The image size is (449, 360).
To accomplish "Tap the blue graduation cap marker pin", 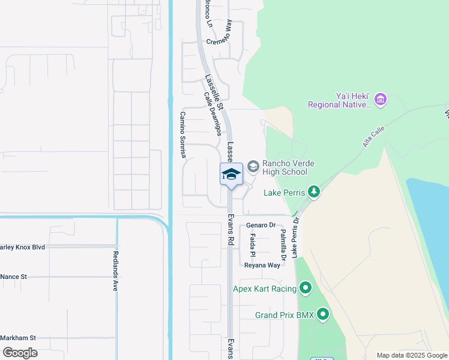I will (x=231, y=175).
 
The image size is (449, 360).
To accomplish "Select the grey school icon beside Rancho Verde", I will (x=253, y=166).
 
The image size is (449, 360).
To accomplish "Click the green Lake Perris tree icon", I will (x=313, y=192).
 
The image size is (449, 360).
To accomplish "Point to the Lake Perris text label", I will (x=285, y=193).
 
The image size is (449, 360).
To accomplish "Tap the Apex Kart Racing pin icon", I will (x=306, y=289).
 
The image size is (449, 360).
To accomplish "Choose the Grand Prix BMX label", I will (x=285, y=314).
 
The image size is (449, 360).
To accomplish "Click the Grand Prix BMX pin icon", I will (x=324, y=314).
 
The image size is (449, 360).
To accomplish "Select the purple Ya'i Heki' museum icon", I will (x=381, y=98).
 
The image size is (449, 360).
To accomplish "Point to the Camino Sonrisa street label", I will (x=183, y=135).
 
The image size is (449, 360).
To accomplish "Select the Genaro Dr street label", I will (x=261, y=225).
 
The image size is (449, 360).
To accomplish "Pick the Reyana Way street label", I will (x=262, y=265).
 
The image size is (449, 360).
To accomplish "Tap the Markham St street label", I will (x=18, y=338).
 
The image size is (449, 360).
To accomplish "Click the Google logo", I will (x=19, y=353).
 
